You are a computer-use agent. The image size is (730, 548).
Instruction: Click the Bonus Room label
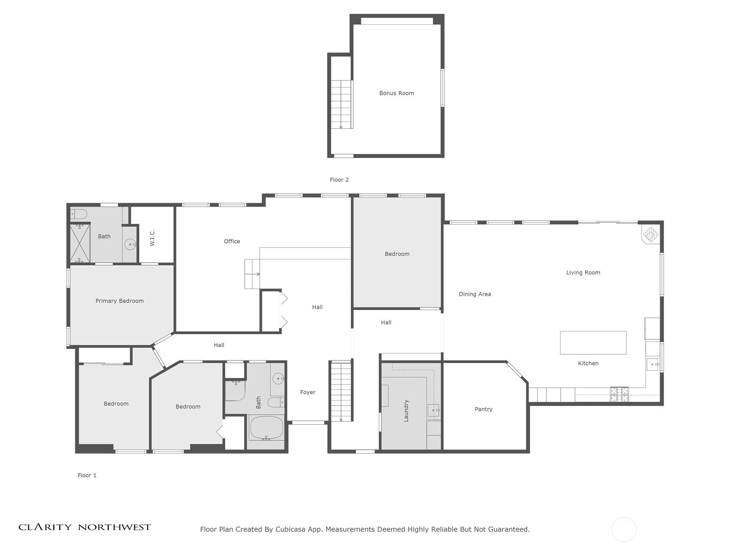point(396,93)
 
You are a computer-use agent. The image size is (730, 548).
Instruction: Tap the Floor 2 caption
point(339,179)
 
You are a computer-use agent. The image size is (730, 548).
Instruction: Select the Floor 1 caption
point(87,475)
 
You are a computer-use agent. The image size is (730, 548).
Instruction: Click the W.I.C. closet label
point(152,237)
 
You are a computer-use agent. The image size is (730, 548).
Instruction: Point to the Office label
point(232,241)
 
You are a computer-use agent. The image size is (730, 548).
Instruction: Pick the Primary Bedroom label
point(120,301)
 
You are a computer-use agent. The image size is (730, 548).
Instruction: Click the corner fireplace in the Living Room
point(651,234)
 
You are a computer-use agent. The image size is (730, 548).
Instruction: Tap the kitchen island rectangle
point(593,342)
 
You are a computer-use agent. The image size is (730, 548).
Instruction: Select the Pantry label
point(484,409)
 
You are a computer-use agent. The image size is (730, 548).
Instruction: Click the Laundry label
point(406,411)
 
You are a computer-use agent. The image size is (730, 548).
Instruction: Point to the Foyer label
point(308,392)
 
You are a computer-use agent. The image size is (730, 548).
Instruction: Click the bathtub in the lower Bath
point(266,428)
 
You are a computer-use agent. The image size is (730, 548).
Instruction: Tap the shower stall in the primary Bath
point(80,243)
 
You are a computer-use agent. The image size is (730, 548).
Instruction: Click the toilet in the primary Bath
point(78,214)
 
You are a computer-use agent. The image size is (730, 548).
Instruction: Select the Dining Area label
point(475,294)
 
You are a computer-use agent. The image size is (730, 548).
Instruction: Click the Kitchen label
point(588,364)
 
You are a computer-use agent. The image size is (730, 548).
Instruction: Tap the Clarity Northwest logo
point(84,527)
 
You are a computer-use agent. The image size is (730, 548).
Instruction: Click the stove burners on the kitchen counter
point(619,394)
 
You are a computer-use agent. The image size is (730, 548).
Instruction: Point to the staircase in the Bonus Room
point(342,104)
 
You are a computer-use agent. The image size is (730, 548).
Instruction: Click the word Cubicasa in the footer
point(290,529)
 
